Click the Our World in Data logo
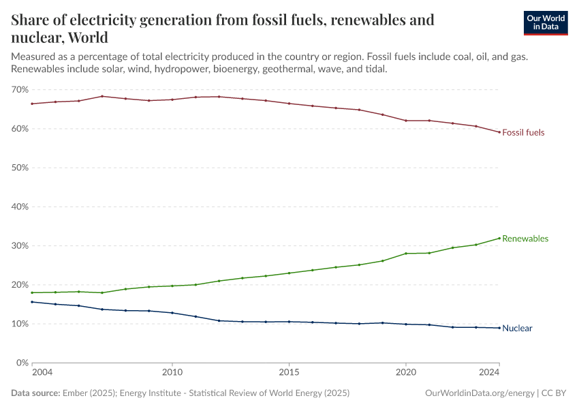pos(545,22)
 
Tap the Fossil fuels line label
pos(523,132)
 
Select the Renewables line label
pos(525,239)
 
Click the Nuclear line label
pos(517,328)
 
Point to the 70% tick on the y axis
pos(20,90)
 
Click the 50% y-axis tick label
pos(20,168)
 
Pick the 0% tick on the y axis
pos(22,363)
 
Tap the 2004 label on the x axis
pos(42,373)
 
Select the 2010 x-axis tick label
pos(172,373)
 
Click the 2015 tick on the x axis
pos(289,373)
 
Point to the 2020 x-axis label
pos(406,373)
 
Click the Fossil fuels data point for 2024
pos(499,132)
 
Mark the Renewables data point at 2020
pos(406,254)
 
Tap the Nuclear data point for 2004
pos(32,302)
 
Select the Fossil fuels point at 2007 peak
pos(102,96)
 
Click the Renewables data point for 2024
pos(499,238)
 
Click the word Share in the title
pos(31,20)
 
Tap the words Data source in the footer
pos(35,393)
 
